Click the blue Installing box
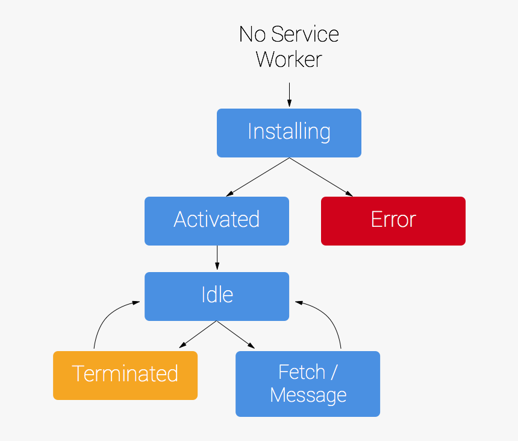289,133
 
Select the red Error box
393,220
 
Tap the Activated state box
217,220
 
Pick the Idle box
217,296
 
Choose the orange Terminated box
125,375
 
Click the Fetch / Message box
308,384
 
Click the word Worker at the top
289,59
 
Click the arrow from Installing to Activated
258,177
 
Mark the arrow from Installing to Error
321,177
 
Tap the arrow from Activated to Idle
217,258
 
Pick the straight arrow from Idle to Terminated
199,334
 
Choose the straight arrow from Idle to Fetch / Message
236,334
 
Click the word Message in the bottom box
308,395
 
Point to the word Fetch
301,372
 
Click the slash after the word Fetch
333,372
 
